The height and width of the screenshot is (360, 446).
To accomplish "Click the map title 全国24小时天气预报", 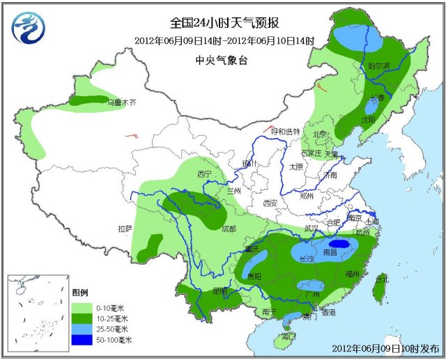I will point(222,24).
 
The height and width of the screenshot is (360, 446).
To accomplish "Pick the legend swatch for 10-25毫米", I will point(82,318).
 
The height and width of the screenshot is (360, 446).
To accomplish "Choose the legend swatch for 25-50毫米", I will point(82,329).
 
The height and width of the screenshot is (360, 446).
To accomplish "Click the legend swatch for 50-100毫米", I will point(82,340).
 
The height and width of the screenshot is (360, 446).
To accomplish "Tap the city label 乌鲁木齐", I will point(122,102).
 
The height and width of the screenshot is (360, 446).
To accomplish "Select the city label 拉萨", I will point(125,228).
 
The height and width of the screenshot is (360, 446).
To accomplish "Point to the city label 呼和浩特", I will point(286,132).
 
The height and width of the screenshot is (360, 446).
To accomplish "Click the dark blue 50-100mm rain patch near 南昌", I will point(341,244).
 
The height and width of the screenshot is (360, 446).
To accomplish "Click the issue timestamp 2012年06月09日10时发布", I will point(385,347).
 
